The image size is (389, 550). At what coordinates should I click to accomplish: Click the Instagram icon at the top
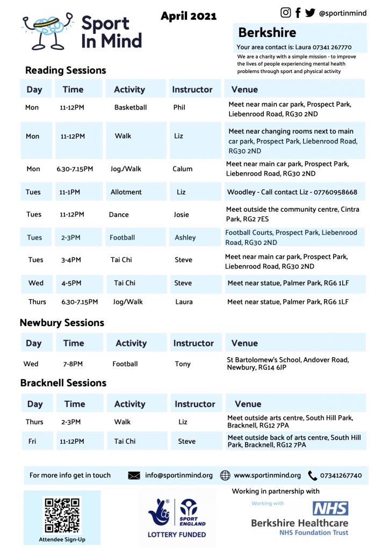pyautogui.click(x=286, y=12)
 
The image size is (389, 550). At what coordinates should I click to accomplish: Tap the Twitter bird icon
pyautogui.click(x=310, y=12)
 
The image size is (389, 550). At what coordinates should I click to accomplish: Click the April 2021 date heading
pyautogui.click(x=189, y=16)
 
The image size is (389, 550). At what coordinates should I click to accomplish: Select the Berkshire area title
pyautogui.click(x=267, y=32)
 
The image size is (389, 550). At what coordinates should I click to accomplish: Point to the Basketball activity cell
pyautogui.click(x=131, y=107)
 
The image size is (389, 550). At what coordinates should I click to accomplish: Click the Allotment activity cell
pyautogui.click(x=126, y=192)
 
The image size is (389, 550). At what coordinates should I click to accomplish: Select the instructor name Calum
pyautogui.click(x=183, y=169)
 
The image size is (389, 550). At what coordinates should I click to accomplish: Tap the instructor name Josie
pyautogui.click(x=182, y=214)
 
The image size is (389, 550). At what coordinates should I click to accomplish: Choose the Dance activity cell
pyautogui.click(x=119, y=214)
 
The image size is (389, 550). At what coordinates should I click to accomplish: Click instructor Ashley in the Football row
pyautogui.click(x=185, y=237)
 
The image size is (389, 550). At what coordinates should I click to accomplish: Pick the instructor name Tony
pyautogui.click(x=183, y=364)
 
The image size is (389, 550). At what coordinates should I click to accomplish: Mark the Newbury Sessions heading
pyautogui.click(x=62, y=323)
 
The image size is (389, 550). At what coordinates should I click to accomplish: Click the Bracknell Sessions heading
pyautogui.click(x=63, y=383)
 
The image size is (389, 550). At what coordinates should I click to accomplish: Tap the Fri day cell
pyautogui.click(x=32, y=442)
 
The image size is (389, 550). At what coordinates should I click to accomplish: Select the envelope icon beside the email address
pyautogui.click(x=134, y=475)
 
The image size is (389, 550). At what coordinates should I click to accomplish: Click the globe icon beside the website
pyautogui.click(x=225, y=475)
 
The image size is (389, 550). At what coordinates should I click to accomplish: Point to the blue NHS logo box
pyautogui.click(x=330, y=508)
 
